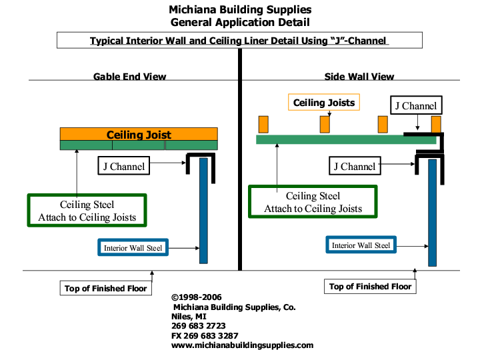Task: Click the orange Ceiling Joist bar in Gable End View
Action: pyautogui.click(x=139, y=134)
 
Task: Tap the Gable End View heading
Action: pyautogui.click(x=129, y=77)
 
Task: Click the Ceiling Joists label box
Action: pyautogui.click(x=324, y=102)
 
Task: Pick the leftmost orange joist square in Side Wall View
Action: pyautogui.click(x=263, y=124)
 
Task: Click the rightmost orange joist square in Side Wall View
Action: pyautogui.click(x=436, y=124)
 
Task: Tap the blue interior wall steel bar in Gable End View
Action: pyautogui.click(x=203, y=210)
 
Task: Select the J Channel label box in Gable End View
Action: pyautogui.click(x=123, y=167)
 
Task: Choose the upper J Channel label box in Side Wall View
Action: pyautogui.click(x=416, y=105)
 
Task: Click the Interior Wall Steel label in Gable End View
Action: pyautogui.click(x=133, y=248)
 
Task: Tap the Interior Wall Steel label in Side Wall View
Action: pyautogui.click(x=361, y=245)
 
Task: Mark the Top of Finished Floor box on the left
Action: pyautogui.click(x=106, y=289)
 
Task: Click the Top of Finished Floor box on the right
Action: pyautogui.click(x=371, y=287)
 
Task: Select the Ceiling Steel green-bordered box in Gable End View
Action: pyautogui.click(x=87, y=211)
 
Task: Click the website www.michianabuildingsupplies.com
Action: pyautogui.click(x=242, y=345)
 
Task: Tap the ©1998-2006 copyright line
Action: pyautogui.click(x=197, y=297)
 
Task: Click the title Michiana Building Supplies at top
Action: pyautogui.click(x=240, y=10)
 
